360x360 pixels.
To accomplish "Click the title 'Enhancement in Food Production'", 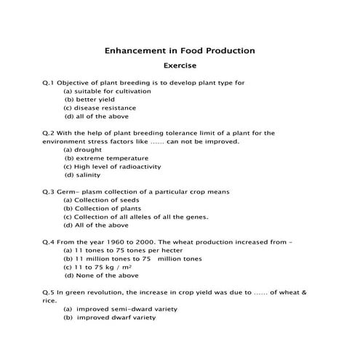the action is (180, 52).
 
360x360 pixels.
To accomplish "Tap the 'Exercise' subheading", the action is (180, 66).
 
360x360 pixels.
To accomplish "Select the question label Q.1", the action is (49, 83).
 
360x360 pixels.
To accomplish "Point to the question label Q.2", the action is (49, 133).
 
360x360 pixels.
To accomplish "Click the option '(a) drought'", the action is (83, 150).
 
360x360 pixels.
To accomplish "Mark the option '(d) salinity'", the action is (82, 175).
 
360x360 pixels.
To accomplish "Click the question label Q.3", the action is (49, 192).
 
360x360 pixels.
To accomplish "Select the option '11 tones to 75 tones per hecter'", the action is (126, 250).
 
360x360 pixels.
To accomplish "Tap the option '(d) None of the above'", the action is (101, 276).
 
